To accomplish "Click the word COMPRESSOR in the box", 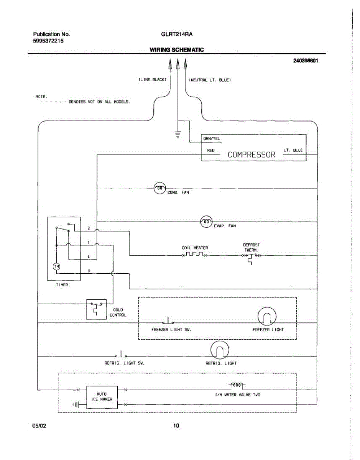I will point(252,154).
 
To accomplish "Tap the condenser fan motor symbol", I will point(159,188).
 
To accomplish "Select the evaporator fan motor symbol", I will point(206,221).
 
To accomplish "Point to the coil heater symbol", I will point(194,255).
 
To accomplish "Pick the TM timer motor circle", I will point(56,266).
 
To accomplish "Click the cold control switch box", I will point(96,309).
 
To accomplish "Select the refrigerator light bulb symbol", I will point(220,350).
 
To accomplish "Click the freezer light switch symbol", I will point(168,321).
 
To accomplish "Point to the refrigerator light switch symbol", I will point(121,354).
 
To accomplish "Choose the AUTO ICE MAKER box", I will point(102,396).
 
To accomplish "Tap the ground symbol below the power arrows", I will point(178,135).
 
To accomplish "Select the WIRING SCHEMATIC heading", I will point(177,50).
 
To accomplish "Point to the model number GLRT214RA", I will point(177,34).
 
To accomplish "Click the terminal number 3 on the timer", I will point(89,271).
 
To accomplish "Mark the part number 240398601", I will point(306,61).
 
